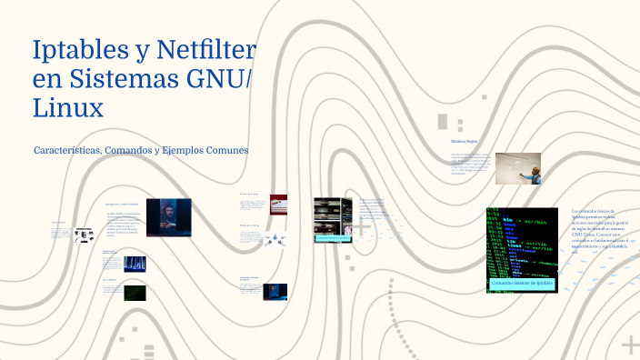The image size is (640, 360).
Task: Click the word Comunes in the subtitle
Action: click(228, 150)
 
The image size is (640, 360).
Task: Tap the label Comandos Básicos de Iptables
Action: click(522, 284)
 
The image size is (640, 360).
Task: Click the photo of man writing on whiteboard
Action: click(519, 168)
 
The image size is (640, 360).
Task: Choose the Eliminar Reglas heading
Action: click(464, 142)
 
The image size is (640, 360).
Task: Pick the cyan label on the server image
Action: click(332, 237)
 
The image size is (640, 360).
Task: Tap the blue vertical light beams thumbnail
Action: click(135, 264)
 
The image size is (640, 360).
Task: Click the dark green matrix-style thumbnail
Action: click(135, 293)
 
